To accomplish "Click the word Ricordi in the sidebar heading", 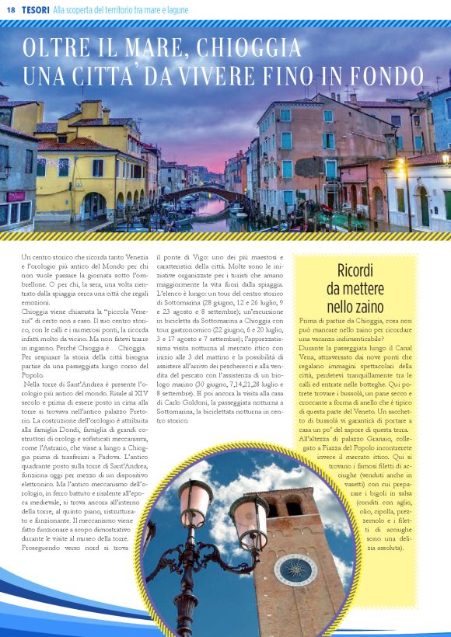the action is (357, 270).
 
